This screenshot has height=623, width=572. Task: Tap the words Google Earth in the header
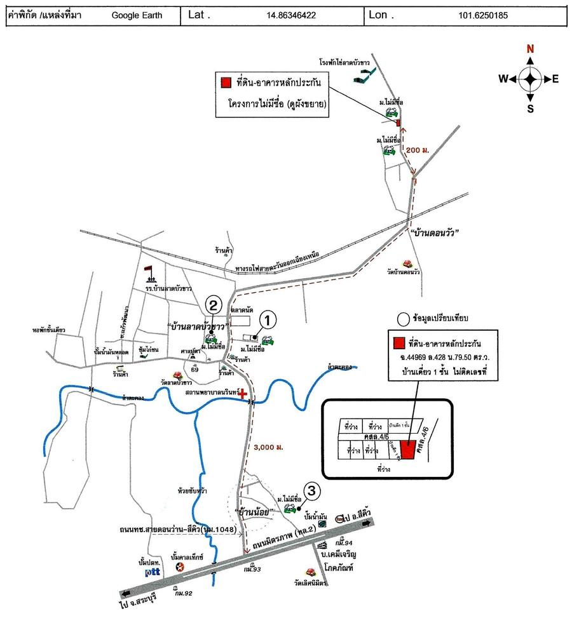coord(133,15)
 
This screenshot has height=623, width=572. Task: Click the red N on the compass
coord(529,50)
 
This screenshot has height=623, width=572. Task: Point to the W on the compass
coord(503,79)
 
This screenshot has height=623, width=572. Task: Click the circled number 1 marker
coord(268,321)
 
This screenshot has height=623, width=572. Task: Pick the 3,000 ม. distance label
coord(268,447)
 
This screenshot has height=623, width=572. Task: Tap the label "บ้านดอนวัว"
coord(435,233)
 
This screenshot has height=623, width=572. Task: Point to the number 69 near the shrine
coord(194,370)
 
